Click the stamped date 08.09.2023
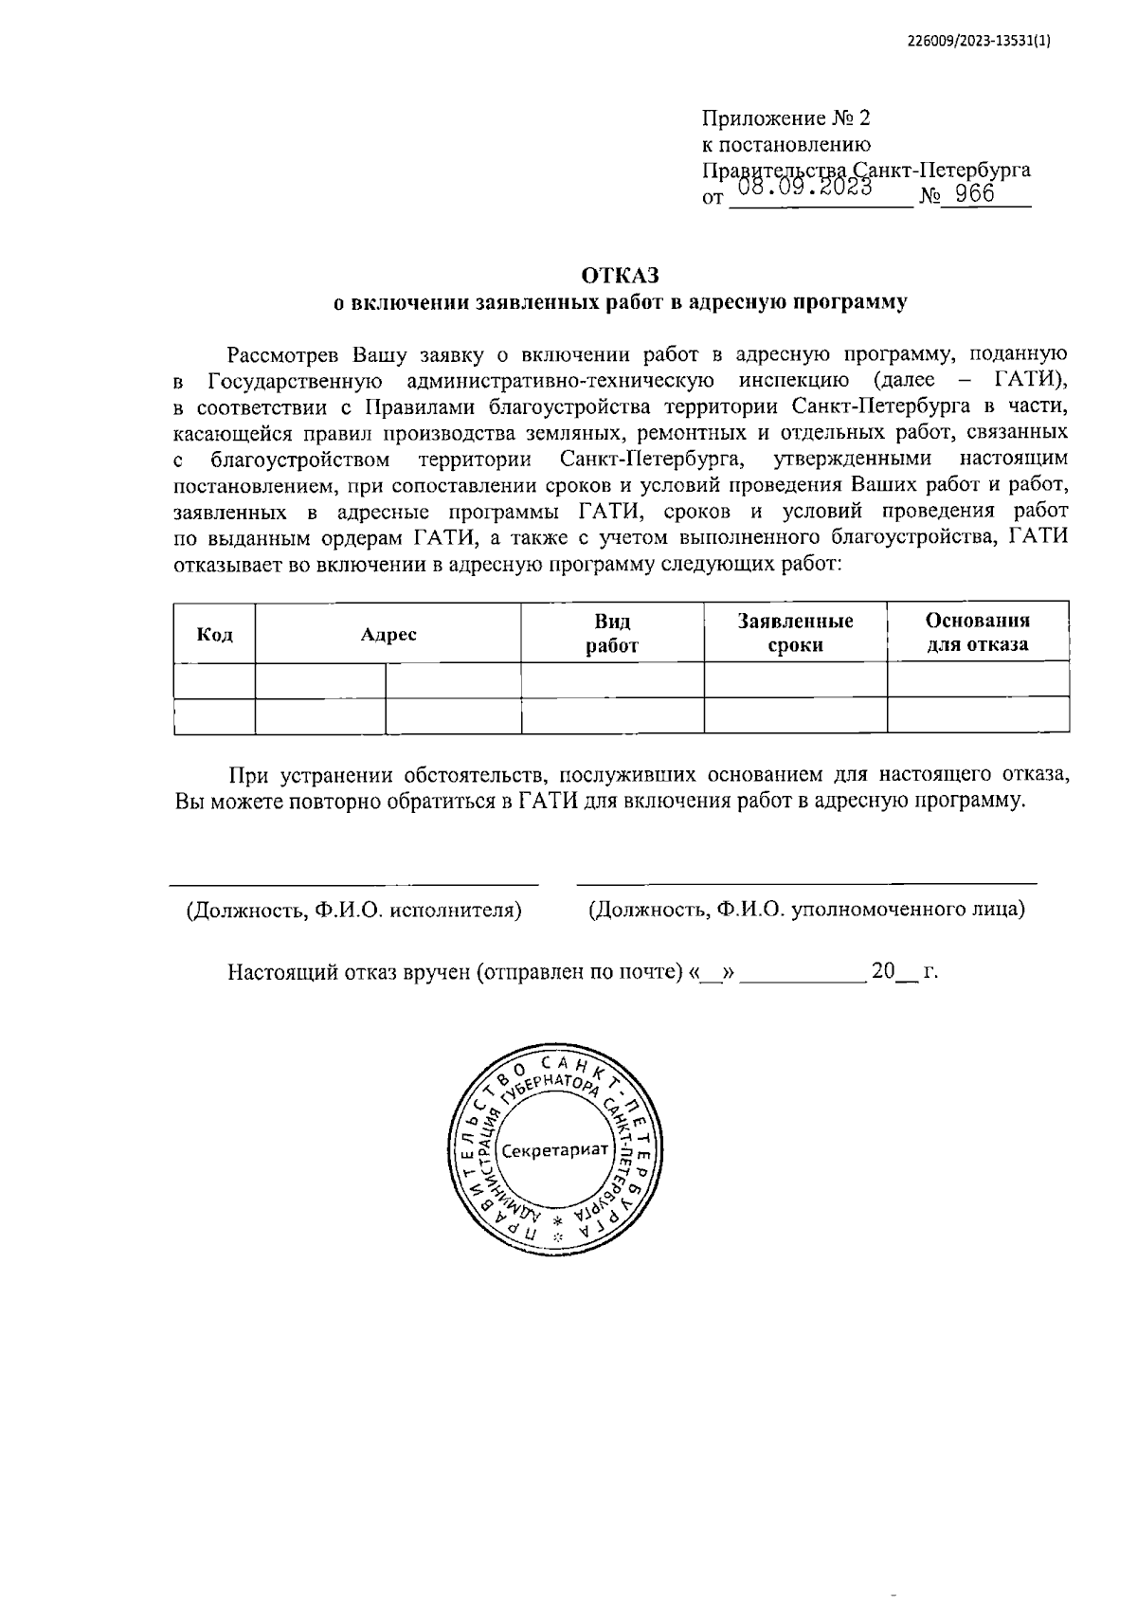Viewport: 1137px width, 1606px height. click(x=804, y=188)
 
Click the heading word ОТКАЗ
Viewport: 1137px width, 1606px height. click(x=619, y=276)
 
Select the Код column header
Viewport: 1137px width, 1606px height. click(x=214, y=634)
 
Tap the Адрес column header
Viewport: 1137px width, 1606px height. click(x=388, y=634)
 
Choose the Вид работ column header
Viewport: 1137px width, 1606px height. click(x=612, y=634)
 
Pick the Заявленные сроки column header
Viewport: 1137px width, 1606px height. click(x=795, y=634)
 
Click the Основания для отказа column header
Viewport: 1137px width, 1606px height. click(x=977, y=634)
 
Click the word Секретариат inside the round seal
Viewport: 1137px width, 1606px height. click(x=553, y=1150)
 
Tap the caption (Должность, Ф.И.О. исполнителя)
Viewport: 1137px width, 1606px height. click(x=354, y=910)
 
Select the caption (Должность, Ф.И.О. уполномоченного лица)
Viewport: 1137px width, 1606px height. click(x=806, y=910)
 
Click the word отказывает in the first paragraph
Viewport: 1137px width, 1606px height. click(x=226, y=566)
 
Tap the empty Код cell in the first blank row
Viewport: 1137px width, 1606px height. click(x=214, y=680)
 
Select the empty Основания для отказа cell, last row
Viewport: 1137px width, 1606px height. click(x=977, y=715)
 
